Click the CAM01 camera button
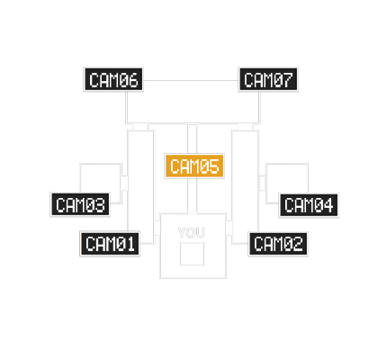tap(110, 243)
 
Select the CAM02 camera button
tap(278, 244)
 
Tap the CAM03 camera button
tap(80, 204)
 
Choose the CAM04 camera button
tap(309, 205)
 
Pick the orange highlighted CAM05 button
tap(194, 166)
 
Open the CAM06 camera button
tap(113, 79)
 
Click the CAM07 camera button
tap(268, 79)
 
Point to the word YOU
tap(192, 232)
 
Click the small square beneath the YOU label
tap(192, 254)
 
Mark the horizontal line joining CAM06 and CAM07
tap(191, 80)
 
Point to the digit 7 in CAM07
tap(287, 80)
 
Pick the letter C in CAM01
tap(91, 244)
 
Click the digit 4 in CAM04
tap(328, 205)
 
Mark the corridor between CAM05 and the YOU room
tap(193, 196)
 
